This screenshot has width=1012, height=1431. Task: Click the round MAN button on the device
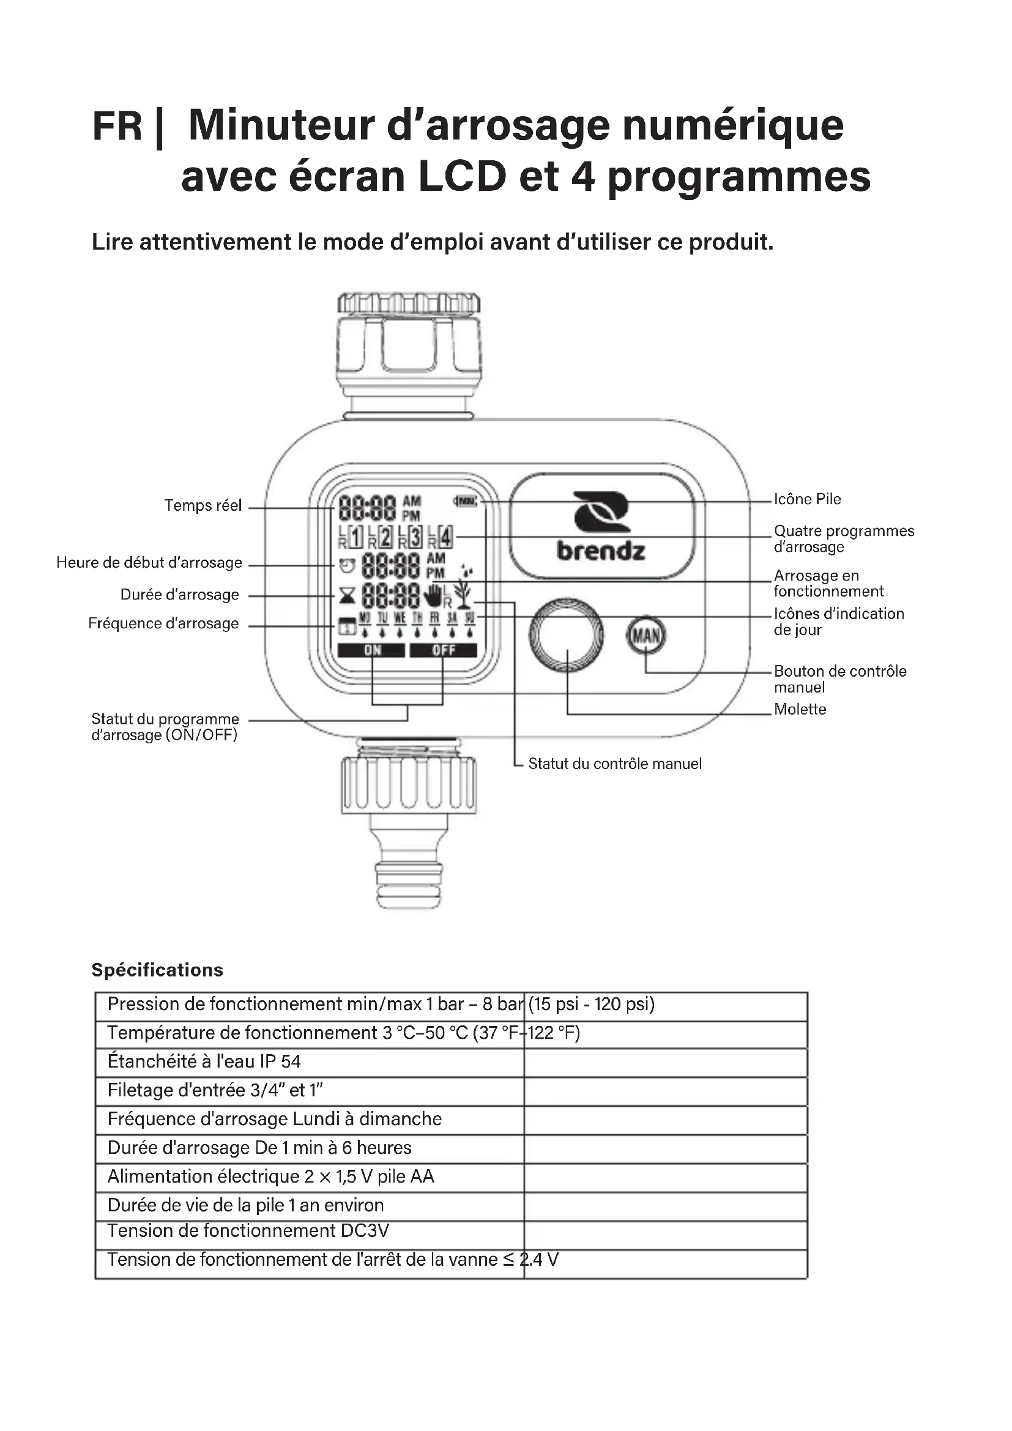[x=646, y=636]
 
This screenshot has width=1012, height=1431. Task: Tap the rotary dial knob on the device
[x=567, y=635]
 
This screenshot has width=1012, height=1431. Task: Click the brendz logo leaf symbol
[x=601, y=513]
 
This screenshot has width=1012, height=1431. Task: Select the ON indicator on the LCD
[x=372, y=651]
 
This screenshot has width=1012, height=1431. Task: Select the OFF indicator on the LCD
[x=443, y=651]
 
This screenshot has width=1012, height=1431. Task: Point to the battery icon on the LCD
[x=466, y=500]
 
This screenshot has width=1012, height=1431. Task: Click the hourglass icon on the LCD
[x=347, y=596]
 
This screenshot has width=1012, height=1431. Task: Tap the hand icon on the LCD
[x=433, y=595]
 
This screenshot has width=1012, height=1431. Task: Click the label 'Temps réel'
[x=203, y=505]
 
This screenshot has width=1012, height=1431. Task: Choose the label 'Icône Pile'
[x=807, y=499]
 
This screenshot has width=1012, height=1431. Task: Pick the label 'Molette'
[x=800, y=709]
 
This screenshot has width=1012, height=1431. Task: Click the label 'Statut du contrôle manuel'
[x=614, y=764]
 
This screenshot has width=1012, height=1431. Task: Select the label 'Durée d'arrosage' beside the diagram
[x=179, y=595]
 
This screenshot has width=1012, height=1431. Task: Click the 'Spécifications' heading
[x=157, y=970]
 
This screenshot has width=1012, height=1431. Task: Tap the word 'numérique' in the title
[x=733, y=125]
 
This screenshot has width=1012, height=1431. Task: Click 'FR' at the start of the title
[x=117, y=126]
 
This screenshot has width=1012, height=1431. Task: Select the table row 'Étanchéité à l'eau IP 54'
[x=204, y=1061]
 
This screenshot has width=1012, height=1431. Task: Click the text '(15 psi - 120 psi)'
[x=592, y=1004]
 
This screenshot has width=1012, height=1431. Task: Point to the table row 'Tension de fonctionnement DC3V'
[x=248, y=1231]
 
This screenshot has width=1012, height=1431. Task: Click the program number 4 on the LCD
[x=445, y=537]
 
